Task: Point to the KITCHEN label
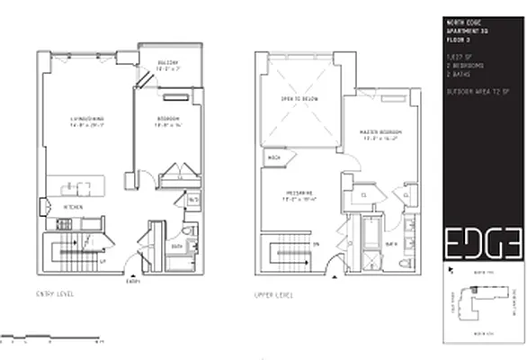pos(73,207)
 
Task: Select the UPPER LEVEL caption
pos(273,294)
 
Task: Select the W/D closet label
pos(192,201)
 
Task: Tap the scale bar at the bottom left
pos(53,341)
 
